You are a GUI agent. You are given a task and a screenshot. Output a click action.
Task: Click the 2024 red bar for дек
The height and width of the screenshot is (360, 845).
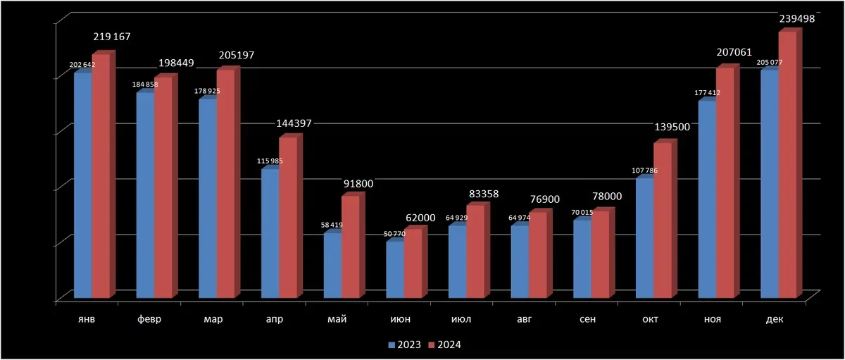787,166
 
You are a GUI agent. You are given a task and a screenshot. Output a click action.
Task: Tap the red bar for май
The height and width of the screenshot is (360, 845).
351,247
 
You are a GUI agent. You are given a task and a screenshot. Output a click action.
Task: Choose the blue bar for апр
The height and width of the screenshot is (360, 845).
270,233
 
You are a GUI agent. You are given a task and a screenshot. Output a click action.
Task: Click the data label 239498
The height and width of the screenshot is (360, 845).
797,19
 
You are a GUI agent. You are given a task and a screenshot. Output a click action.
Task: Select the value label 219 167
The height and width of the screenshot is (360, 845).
111,37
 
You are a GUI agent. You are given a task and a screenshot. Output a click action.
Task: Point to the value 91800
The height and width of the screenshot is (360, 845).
358,184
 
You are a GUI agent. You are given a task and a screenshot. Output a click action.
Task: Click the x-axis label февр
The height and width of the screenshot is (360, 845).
149,319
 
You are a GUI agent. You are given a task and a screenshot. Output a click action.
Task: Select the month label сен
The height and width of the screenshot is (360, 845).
586,319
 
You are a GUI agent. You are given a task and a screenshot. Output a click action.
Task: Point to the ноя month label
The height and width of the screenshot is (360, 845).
712,319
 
